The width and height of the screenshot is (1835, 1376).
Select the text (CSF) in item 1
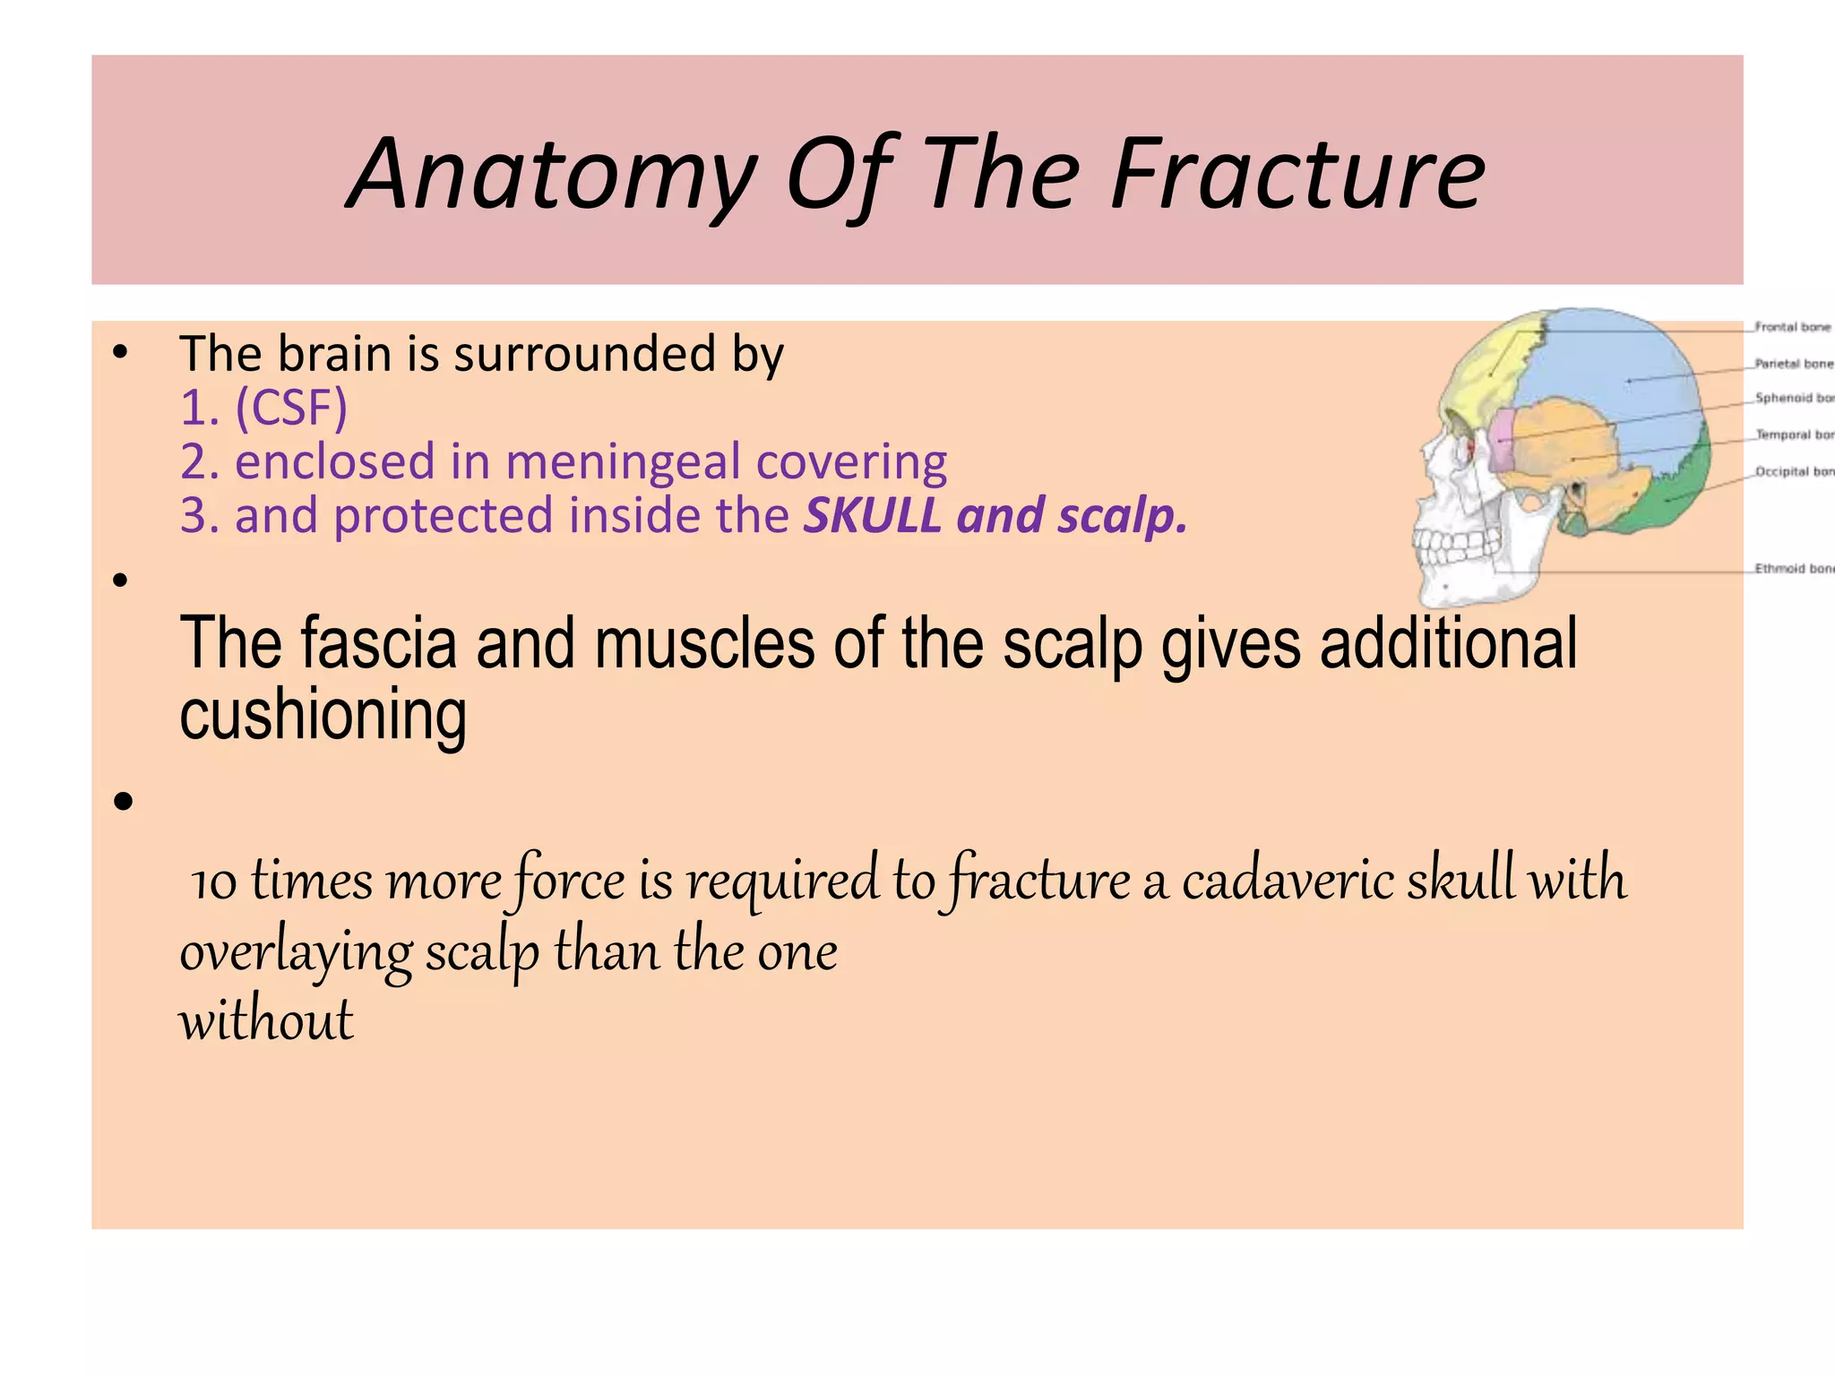(x=290, y=408)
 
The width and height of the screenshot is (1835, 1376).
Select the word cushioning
(x=323, y=715)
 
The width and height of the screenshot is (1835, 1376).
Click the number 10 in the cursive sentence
(x=213, y=881)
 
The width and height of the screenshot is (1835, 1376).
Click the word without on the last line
(x=266, y=1020)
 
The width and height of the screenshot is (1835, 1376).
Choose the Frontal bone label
(x=1792, y=327)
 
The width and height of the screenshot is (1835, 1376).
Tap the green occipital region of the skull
(x=1676, y=493)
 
